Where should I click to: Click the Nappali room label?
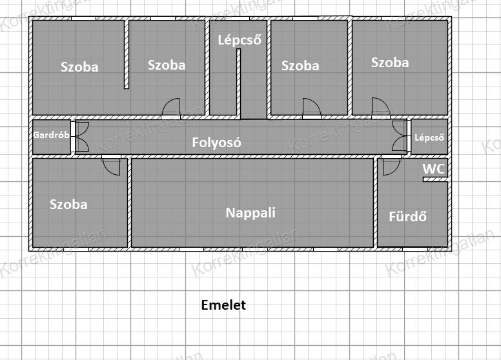tap(251, 213)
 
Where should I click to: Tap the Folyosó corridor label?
tap(216, 143)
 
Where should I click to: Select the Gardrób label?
tap(51, 135)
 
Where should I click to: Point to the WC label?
tap(434, 169)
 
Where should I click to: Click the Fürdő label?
tap(407, 217)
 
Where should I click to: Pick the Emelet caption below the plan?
tap(223, 305)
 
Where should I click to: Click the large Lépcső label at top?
tap(240, 40)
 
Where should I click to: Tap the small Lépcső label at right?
tap(429, 137)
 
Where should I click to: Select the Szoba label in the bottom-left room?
tap(68, 205)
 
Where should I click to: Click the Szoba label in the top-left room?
tap(79, 67)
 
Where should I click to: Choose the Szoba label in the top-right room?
tap(390, 63)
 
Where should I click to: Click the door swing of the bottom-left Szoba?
tap(112, 166)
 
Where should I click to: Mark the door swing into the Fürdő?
tap(391, 166)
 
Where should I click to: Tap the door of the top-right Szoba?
tap(380, 106)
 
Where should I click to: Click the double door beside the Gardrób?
tap(82, 137)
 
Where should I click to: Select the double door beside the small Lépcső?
tap(400, 136)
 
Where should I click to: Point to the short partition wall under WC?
tap(435, 180)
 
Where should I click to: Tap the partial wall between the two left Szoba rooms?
tap(127, 55)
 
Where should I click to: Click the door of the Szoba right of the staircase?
tap(312, 107)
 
